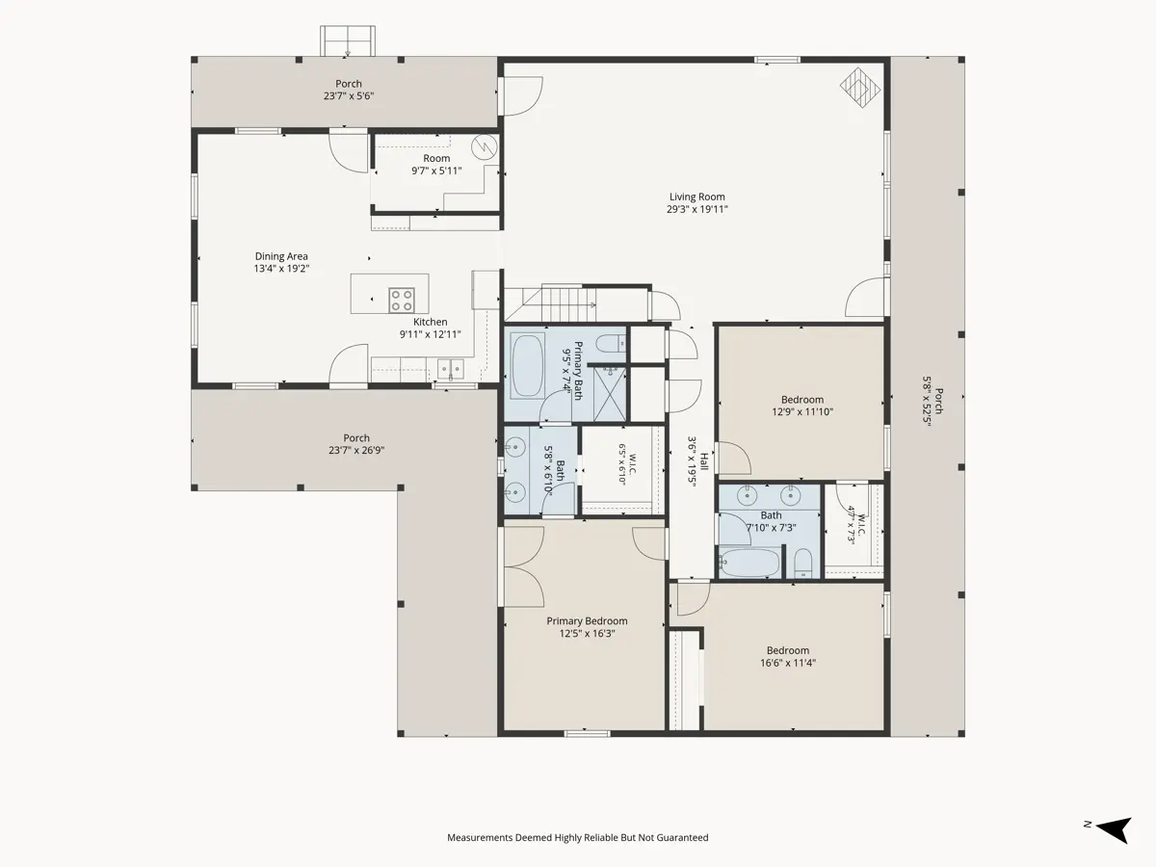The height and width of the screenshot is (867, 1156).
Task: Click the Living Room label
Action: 696,197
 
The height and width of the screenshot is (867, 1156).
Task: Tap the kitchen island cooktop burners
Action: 402,300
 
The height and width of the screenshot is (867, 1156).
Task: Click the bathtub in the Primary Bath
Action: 527,365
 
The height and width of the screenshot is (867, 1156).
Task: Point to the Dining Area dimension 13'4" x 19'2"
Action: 281,269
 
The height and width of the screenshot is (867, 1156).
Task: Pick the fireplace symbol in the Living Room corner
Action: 860,88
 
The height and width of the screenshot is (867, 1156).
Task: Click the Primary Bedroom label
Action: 587,621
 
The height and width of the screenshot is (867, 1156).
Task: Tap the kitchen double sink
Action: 452,369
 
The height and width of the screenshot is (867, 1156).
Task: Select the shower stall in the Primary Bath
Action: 610,394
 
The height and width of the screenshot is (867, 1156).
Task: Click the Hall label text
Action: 704,461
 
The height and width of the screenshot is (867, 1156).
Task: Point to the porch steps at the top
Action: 348,41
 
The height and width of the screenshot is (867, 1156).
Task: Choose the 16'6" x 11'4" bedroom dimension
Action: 787,663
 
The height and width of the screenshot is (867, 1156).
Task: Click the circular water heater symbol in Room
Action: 485,147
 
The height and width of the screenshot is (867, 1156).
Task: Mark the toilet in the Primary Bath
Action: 611,344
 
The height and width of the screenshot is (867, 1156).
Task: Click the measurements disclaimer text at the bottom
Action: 578,837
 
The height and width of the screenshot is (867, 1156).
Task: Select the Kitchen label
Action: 431,322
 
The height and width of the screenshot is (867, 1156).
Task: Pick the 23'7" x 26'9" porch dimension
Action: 356,450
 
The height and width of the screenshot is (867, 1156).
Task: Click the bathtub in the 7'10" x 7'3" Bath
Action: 749,563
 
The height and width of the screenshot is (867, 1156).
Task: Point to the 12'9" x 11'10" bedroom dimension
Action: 802,411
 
